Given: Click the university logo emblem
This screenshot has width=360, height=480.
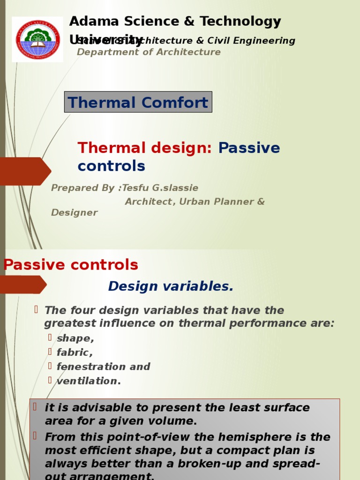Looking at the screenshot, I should tap(38, 39).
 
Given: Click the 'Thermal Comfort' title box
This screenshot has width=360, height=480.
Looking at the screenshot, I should tap(138, 102).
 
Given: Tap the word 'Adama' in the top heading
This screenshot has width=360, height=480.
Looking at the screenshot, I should tap(92, 22).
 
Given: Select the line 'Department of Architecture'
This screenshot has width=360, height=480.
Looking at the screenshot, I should tap(149, 52).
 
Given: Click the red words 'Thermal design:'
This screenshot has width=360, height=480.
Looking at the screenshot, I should tap(145, 148).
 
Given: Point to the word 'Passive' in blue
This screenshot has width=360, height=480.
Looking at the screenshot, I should tap(249, 148).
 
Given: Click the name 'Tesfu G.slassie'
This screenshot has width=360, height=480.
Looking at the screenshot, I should tap(160, 188).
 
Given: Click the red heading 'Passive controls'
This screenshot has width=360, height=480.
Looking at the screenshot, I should tap(71, 265).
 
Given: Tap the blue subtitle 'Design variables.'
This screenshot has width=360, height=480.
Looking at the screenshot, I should tap(171, 286).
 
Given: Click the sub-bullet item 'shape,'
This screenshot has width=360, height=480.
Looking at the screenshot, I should tap(75, 338).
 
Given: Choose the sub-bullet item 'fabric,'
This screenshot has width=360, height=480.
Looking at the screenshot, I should tap(75, 352).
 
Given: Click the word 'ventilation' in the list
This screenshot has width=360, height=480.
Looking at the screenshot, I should tap(87, 381).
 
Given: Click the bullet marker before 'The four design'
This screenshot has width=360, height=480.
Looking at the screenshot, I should tap(36, 309).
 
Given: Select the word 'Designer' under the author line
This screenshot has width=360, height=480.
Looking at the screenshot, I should tap(74, 213).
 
